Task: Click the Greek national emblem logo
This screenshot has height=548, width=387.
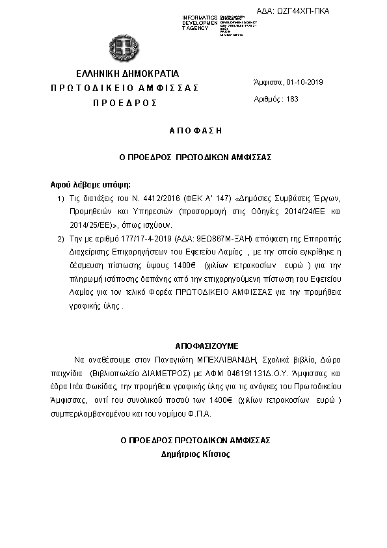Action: point(123,47)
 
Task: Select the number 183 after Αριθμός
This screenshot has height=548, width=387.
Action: point(292,99)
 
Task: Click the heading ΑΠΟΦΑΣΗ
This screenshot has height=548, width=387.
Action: point(195,130)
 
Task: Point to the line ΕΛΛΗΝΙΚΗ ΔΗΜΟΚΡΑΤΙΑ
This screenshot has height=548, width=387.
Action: point(127,73)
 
